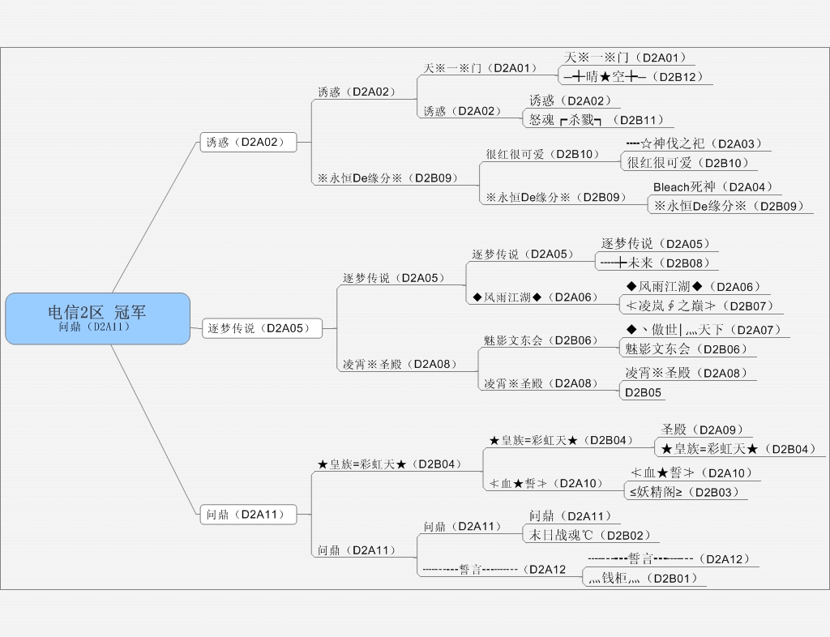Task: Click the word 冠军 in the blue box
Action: point(130,312)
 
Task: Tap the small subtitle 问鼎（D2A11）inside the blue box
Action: point(95,327)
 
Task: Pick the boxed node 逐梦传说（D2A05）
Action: point(261,328)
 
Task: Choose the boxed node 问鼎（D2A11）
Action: point(247,514)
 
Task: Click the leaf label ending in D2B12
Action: point(635,77)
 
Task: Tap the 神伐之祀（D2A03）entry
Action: point(696,144)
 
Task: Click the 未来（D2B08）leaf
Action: point(656,263)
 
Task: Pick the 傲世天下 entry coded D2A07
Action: point(704,330)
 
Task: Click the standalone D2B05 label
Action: point(643,392)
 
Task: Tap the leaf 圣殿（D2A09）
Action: point(702,430)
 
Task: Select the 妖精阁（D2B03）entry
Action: point(684,491)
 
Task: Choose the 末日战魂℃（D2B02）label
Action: point(589,535)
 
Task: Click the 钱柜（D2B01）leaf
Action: point(643,578)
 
